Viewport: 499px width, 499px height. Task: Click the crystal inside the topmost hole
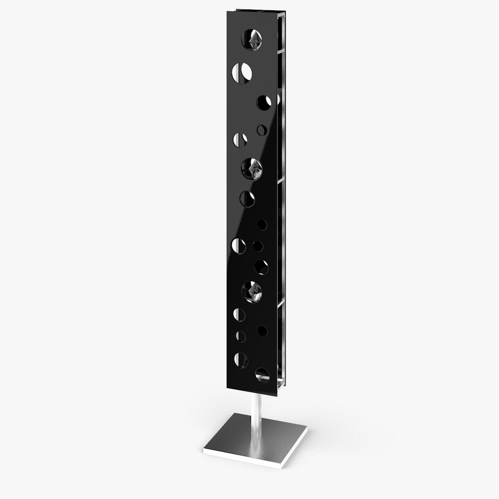253,40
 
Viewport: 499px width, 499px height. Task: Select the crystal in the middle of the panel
252,167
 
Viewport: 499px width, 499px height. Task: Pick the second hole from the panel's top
242,72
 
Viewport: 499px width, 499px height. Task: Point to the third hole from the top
263,102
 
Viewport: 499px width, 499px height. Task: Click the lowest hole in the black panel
262,376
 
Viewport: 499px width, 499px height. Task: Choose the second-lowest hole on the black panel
241,359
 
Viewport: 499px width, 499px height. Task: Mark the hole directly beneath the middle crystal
247,199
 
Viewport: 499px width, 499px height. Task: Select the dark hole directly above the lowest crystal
261,267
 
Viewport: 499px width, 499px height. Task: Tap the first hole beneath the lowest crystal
239,315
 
